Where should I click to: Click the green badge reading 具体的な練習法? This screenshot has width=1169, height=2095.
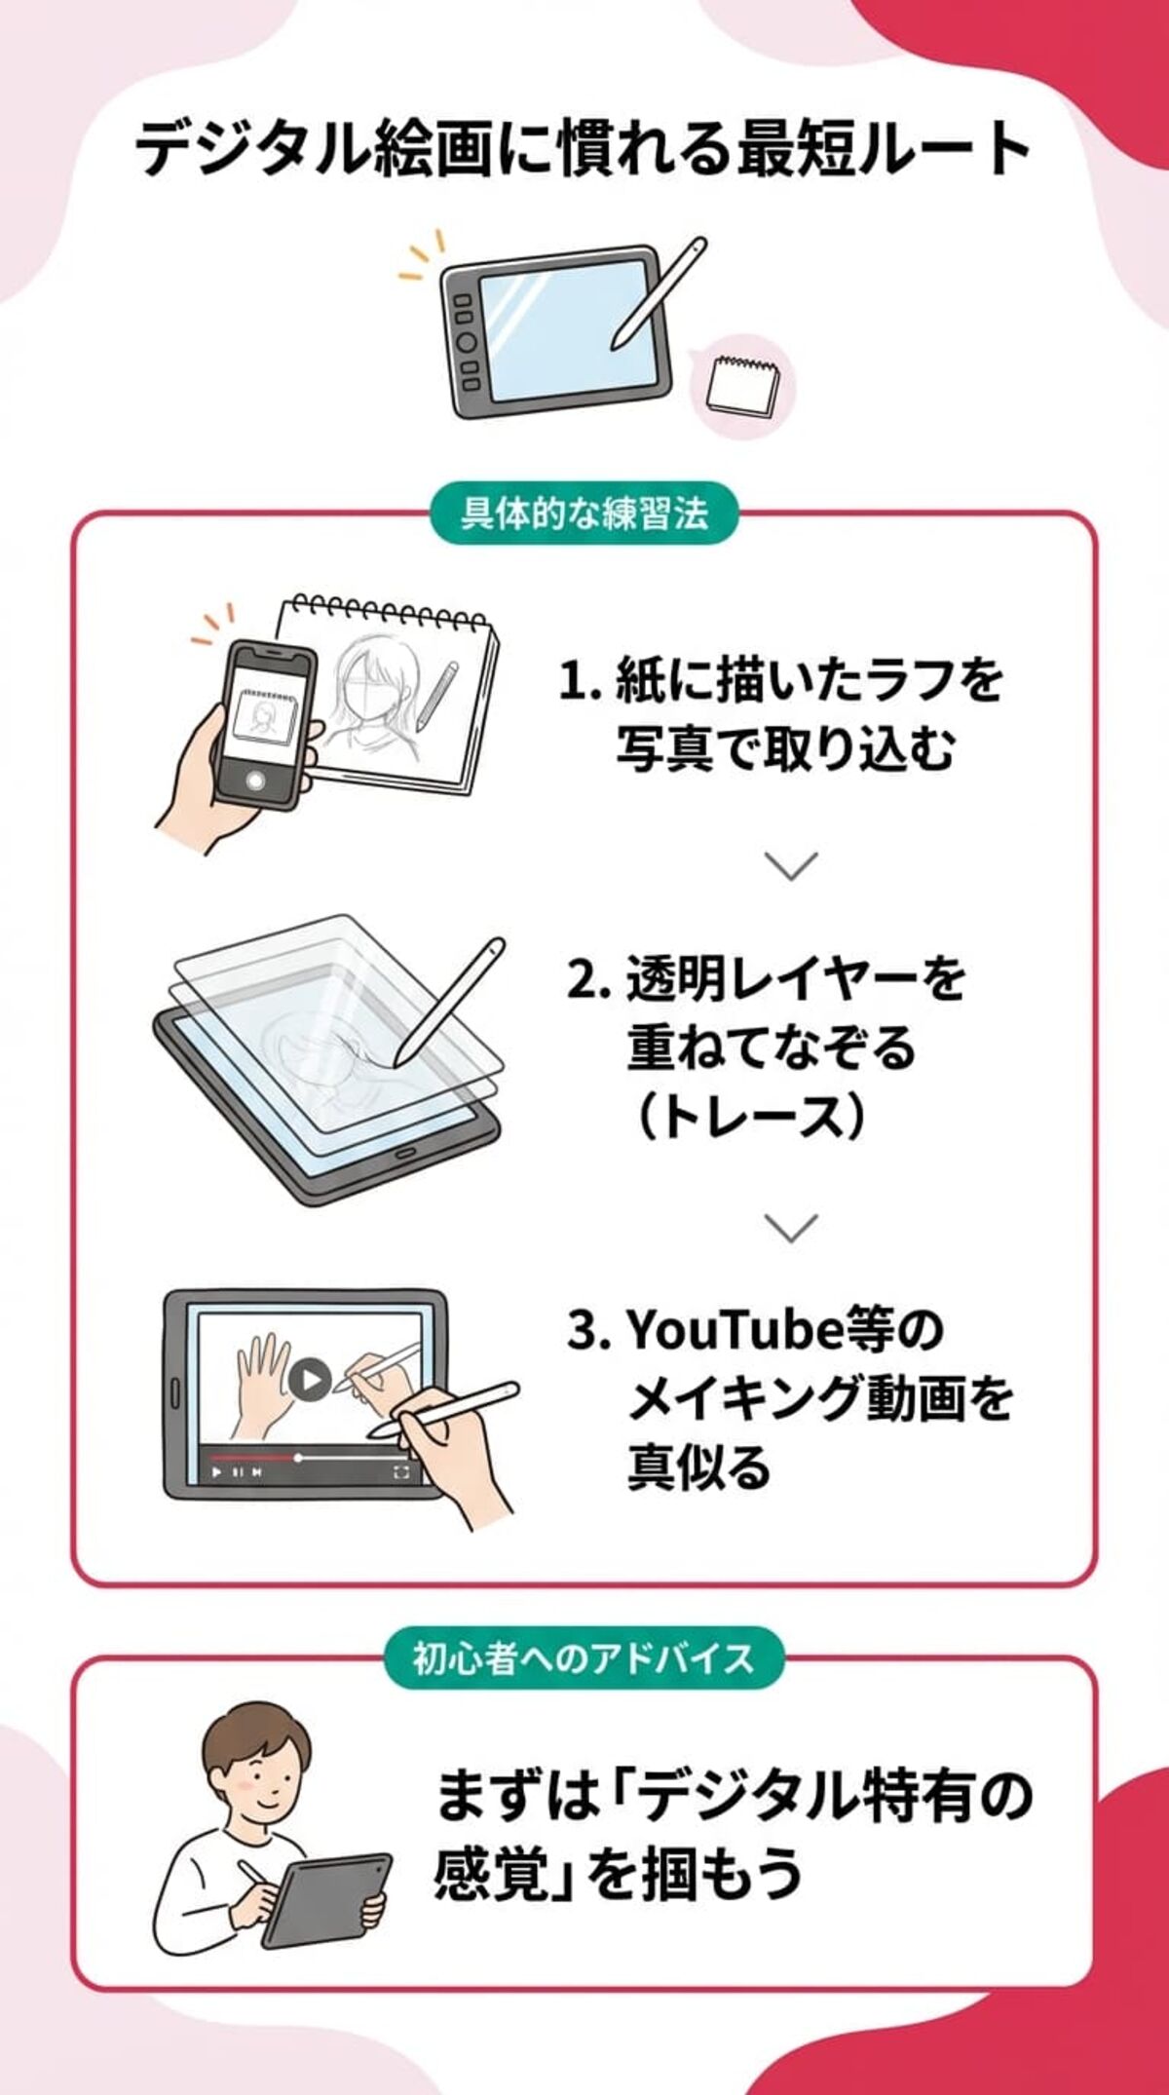pos(584,514)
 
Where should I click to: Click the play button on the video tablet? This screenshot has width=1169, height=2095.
pos(310,1379)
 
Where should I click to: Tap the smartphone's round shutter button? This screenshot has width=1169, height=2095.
pos(256,780)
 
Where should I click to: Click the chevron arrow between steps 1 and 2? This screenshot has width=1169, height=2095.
pos(790,865)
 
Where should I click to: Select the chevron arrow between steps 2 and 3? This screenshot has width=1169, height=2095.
pos(790,1227)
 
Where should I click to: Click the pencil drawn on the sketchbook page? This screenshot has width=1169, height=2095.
pos(435,696)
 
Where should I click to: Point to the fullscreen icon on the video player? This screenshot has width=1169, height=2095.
pos(400,1471)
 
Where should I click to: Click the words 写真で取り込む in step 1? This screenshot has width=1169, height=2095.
pos(785,749)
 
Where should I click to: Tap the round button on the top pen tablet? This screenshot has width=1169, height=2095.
pos(468,342)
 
